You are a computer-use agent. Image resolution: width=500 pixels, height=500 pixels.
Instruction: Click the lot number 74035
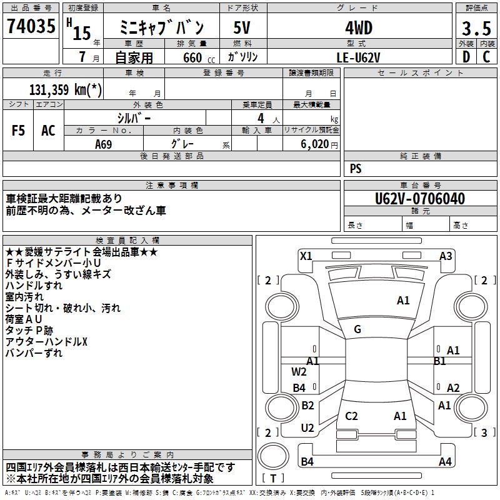point(31,28)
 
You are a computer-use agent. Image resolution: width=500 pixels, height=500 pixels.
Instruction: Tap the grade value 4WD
point(359,28)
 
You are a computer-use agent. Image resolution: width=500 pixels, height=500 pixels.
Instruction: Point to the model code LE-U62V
point(359,57)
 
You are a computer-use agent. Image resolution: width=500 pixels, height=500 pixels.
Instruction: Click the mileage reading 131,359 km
point(66,89)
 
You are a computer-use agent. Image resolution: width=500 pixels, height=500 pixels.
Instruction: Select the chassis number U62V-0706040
point(420,199)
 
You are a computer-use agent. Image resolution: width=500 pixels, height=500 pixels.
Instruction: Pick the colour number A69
point(104,144)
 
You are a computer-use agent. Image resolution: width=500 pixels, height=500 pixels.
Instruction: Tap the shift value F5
point(19,131)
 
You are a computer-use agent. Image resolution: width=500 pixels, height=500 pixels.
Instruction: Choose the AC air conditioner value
point(48,131)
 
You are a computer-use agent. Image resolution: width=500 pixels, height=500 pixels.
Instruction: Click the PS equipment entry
point(356,169)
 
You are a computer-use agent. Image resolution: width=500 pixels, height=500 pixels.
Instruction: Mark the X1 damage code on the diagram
point(306,256)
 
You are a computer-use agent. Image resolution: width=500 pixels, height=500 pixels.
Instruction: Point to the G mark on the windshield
point(357,329)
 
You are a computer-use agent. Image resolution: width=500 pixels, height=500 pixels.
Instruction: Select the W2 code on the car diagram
point(299,372)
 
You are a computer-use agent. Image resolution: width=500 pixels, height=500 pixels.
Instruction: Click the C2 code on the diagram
point(351,416)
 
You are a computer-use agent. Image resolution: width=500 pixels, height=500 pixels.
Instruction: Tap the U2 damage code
point(307,428)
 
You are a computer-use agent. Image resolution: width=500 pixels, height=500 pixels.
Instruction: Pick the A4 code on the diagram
point(445,462)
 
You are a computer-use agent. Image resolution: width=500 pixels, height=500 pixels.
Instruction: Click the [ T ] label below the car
point(273,479)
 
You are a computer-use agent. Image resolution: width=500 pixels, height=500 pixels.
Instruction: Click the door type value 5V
point(242,28)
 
